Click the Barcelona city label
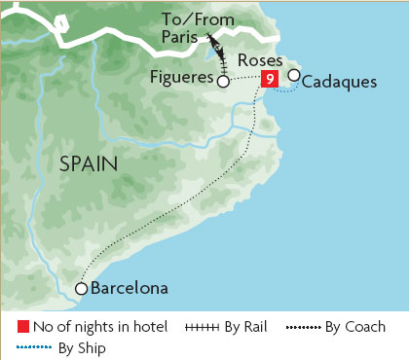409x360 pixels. [x=130, y=288]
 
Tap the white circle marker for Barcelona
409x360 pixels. [x=82, y=289]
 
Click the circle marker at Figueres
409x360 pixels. [x=223, y=83]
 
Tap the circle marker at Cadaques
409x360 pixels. [x=294, y=76]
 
